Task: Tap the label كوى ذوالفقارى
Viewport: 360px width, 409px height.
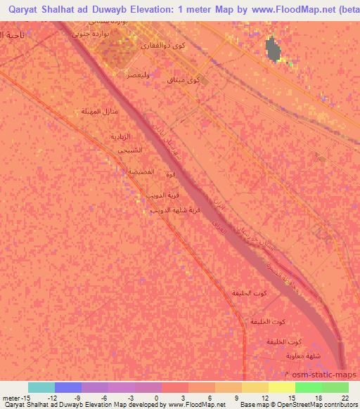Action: coord(164,45)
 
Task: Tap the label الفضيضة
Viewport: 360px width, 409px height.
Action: coord(122,171)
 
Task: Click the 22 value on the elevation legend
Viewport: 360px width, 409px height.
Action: coord(344,397)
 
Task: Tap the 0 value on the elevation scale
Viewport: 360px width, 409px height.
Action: coord(157,397)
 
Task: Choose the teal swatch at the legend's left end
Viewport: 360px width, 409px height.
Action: coord(41,387)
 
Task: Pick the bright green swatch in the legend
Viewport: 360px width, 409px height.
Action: coord(308,387)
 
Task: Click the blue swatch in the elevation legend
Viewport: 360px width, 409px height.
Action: coord(67,387)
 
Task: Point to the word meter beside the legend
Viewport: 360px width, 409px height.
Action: coord(11,397)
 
